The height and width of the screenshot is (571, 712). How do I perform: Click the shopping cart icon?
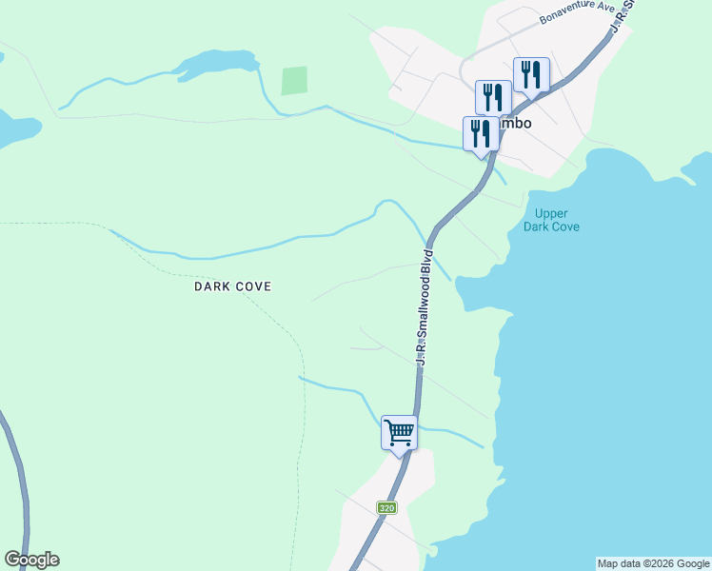400,432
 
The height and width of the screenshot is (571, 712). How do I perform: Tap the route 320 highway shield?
386,508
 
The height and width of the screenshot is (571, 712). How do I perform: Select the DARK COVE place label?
233,285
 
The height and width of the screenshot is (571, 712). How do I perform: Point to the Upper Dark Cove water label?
551,220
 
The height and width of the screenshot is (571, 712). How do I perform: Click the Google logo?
31,560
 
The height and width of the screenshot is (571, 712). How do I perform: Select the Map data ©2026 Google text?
653,563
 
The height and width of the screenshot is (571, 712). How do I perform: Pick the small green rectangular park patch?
294,81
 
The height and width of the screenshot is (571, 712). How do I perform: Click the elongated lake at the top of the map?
214,65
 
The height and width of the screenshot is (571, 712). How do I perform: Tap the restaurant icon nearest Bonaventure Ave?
531,73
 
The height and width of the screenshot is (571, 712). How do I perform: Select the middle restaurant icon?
493,96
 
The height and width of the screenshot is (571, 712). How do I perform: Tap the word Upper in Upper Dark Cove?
551,213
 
